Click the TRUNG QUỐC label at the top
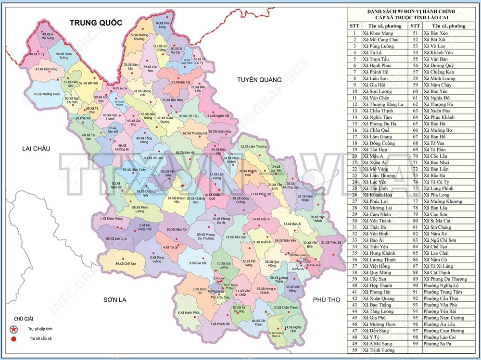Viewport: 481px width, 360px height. click(x=96, y=23)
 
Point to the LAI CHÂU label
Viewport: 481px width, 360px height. click(x=36, y=149)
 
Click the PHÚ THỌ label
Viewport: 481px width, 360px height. click(x=326, y=299)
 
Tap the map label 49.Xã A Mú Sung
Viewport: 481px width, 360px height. click(x=48, y=36)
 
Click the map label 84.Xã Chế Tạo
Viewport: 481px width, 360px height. click(x=126, y=264)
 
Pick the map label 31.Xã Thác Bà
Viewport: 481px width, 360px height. click(x=331, y=243)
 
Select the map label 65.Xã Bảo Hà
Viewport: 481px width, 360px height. click(x=185, y=152)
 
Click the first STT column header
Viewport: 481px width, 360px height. click(x=354, y=26)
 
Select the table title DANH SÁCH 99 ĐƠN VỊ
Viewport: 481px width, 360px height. click(x=413, y=11)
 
